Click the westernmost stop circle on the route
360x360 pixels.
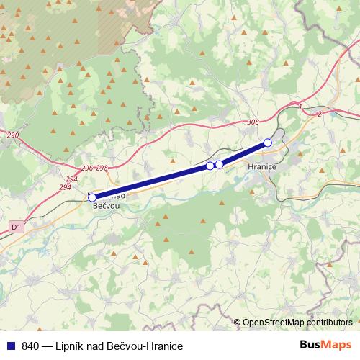[92, 197]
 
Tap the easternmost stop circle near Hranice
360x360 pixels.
[268, 143]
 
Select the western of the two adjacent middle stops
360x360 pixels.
[210, 166]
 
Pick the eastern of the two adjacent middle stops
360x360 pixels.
[219, 164]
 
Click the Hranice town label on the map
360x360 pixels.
[261, 166]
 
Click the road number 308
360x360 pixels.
[252, 122]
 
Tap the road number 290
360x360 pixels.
[13, 135]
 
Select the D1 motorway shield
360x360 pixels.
[16, 227]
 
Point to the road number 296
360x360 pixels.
[87, 168]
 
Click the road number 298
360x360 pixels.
[102, 168]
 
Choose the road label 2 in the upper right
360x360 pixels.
[318, 113]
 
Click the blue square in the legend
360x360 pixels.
[10, 346]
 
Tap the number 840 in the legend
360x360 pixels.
[31, 346]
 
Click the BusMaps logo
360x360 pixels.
[325, 346]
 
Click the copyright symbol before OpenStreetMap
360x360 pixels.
[237, 323]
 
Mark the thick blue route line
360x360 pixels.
[151, 181]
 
